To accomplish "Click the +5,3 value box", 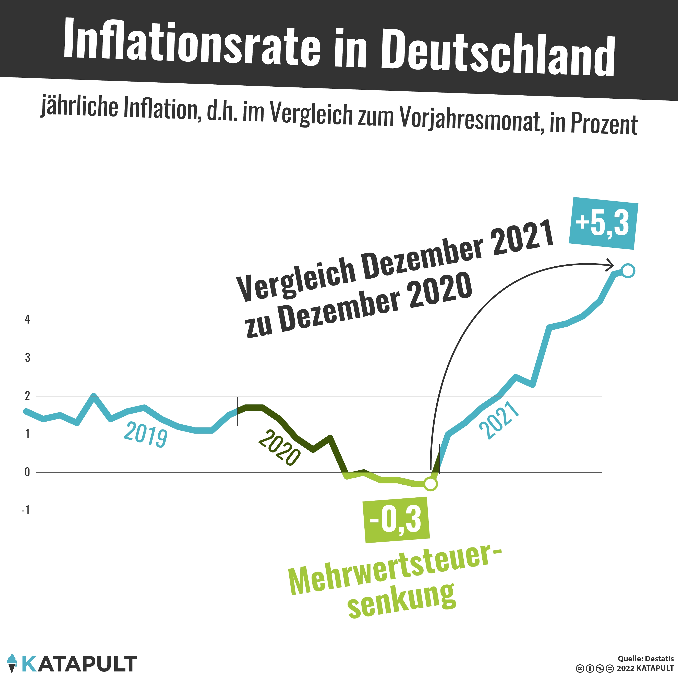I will [603, 223].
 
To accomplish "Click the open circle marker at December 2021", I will [628, 271].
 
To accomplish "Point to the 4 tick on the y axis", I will [27, 320].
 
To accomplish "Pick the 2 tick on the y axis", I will [27, 396].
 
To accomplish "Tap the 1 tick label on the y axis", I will [27, 434].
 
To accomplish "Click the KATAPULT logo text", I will [79, 664].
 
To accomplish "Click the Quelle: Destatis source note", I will [645, 659].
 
